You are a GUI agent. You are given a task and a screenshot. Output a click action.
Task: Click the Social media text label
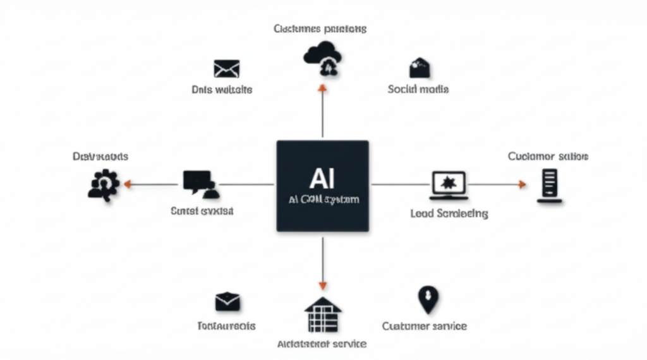tap(418, 90)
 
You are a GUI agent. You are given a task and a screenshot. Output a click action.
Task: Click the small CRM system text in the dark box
tap(323, 200)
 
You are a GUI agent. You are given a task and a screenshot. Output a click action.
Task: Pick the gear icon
tap(102, 184)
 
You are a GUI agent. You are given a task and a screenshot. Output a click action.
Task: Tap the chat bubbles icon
tap(199, 183)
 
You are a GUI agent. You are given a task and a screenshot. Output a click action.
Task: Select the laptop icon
tap(449, 184)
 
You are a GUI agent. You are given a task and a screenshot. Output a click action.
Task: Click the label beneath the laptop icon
tap(449, 213)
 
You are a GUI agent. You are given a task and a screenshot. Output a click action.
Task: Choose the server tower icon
tap(550, 185)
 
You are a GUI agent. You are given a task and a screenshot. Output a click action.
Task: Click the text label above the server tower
tap(548, 156)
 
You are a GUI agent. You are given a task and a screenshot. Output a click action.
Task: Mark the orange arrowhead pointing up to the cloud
tap(322, 88)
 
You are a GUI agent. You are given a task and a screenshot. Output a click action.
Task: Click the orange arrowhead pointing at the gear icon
tap(127, 184)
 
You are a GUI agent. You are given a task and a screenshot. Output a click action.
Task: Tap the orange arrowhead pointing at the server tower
tap(522, 184)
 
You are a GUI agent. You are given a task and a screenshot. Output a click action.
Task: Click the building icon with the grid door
tap(323, 315)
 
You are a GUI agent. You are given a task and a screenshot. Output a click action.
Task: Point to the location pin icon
tap(428, 299)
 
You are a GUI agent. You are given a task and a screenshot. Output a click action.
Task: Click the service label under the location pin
tap(424, 326)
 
